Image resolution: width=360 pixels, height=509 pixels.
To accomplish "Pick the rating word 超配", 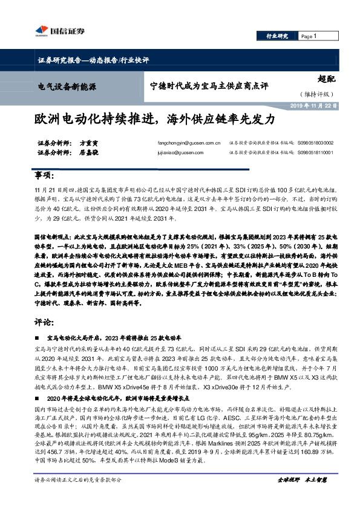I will pos(326,79).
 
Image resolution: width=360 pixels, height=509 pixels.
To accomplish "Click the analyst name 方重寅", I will pos(89,143).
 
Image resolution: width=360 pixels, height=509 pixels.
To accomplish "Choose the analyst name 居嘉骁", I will pos(89,153).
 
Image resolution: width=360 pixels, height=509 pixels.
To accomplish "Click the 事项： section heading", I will pos(44,175).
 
